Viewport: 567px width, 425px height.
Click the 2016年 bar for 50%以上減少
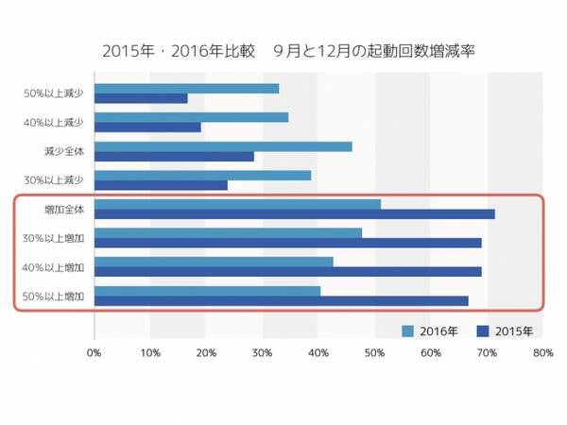click(186, 88)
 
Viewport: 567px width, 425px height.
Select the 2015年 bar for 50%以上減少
click(141, 98)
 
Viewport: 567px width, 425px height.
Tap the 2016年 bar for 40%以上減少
click(191, 117)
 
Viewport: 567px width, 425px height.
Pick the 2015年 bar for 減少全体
click(174, 156)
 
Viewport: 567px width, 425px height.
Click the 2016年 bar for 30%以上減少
click(202, 175)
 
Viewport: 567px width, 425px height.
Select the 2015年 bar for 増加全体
click(294, 214)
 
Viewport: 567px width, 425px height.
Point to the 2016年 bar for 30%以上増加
click(228, 232)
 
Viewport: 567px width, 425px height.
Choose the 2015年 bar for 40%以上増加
click(287, 271)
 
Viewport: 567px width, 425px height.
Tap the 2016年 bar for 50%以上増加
click(207, 290)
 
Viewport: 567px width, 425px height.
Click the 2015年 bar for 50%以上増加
click(281, 300)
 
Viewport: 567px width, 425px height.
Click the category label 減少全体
click(63, 150)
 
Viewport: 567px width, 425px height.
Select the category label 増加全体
click(63, 209)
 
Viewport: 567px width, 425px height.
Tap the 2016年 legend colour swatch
click(408, 331)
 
